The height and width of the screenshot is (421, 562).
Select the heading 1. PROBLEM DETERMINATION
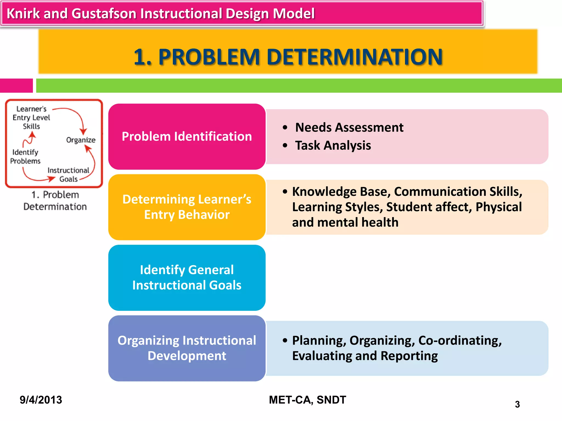click(288, 57)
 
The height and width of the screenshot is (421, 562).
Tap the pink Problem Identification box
click(187, 136)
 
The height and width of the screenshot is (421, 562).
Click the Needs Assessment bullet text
click(349, 127)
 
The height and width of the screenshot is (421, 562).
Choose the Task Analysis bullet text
click(333, 145)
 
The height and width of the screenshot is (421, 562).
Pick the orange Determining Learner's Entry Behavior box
click(187, 207)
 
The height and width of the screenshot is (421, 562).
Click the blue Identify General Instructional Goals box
click(187, 277)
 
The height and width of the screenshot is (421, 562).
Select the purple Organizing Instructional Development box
click(187, 348)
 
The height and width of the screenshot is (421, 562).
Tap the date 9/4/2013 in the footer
click(41, 400)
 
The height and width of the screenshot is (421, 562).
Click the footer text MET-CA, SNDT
click(307, 400)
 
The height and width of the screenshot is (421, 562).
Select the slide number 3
click(517, 404)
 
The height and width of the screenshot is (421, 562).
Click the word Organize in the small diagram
click(81, 140)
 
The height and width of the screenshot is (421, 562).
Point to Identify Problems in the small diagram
click(25, 157)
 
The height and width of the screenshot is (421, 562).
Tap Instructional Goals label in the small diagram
click(68, 175)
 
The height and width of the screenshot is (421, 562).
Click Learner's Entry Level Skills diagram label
click(31, 118)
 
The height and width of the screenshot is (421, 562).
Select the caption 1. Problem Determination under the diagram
click(55, 201)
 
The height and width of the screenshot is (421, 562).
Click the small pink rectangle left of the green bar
click(16, 86)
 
